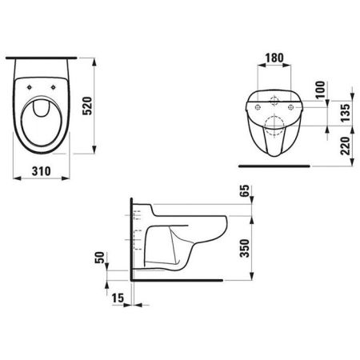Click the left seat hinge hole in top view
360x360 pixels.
click(x=31, y=89)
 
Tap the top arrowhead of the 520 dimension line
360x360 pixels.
click(x=94, y=59)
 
